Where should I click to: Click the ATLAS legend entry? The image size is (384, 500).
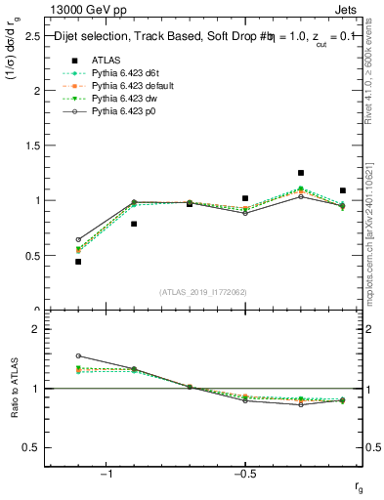[107, 60]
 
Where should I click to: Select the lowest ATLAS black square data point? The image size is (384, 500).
[78, 262]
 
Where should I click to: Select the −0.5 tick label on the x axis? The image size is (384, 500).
[244, 475]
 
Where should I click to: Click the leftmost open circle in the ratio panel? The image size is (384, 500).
[78, 356]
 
